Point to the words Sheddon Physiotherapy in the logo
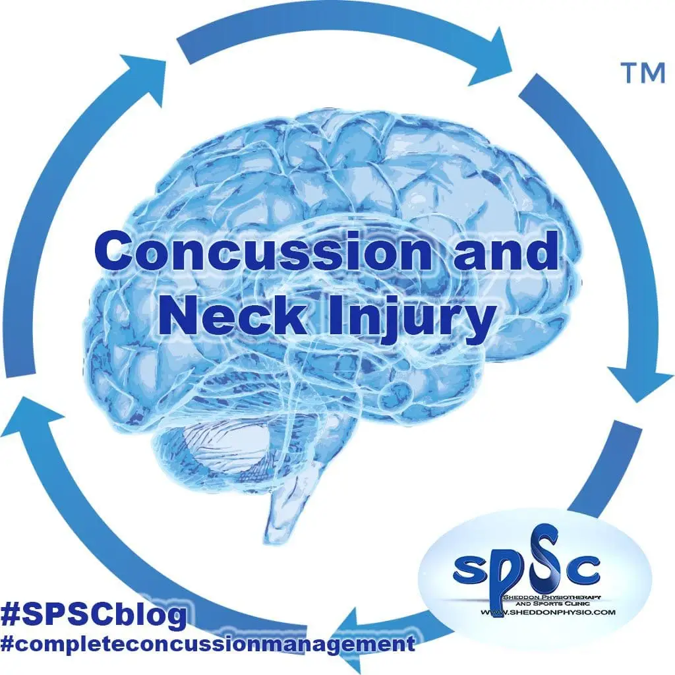(553, 596)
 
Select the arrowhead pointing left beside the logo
(359, 633)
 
